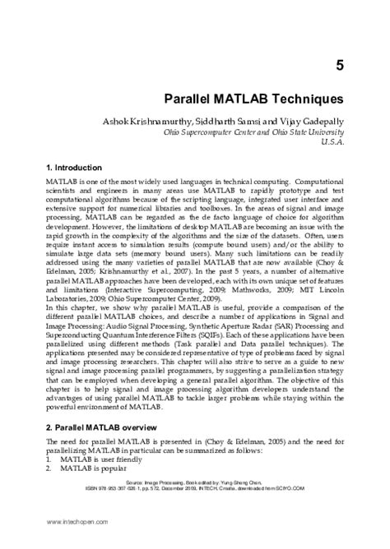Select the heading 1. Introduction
click(74, 167)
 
